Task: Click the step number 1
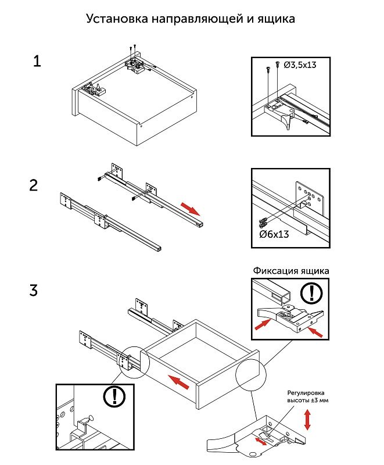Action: [37, 61]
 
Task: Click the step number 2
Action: [34, 186]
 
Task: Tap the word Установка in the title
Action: [116, 18]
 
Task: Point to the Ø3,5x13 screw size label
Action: [300, 65]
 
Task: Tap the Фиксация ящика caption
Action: [291, 271]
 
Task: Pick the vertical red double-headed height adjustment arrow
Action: [307, 420]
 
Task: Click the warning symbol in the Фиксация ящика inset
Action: [313, 292]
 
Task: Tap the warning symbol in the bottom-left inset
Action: [114, 396]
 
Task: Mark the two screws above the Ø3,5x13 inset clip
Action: [273, 66]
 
